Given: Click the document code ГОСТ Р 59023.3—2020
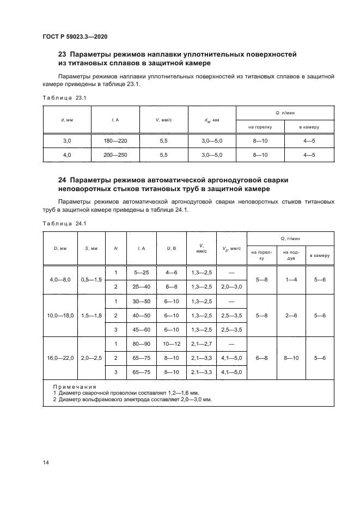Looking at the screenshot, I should coord(74,36).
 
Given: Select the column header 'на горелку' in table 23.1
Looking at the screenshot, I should coord(260,127).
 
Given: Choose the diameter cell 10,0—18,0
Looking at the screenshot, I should coord(60,315).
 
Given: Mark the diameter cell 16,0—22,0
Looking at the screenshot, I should coord(60,358).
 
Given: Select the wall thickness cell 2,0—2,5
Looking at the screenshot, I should coord(91,358).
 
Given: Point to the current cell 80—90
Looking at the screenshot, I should coord(141,344).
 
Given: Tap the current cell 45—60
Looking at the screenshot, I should coord(141,329).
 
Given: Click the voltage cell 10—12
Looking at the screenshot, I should coord(171,344).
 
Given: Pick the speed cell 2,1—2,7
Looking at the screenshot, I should coord(202,344).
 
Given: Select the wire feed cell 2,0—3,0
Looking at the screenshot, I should coord(232,286).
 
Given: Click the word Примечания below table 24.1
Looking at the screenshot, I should coord(75,386).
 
